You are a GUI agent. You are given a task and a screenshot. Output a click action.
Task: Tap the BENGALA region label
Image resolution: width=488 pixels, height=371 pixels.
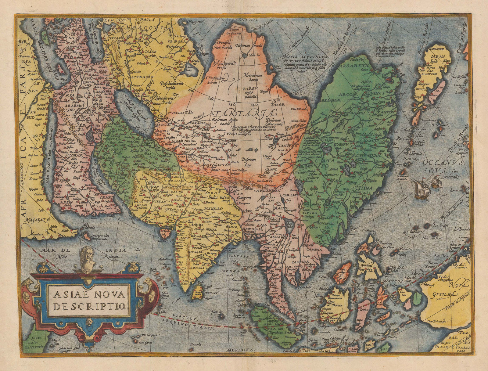coord(254,229)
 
